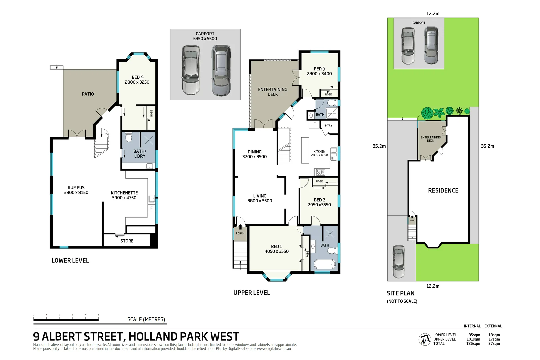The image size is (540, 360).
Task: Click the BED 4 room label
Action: coord(137,79)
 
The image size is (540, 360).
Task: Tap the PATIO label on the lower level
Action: coord(88,94)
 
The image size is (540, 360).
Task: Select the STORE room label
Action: coord(127,241)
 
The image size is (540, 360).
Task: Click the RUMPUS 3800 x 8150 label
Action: coord(76,190)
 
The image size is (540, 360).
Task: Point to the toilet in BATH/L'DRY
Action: coord(129,137)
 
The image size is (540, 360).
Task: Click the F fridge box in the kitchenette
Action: coord(151,208)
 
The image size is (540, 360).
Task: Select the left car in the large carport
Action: coord(191,70)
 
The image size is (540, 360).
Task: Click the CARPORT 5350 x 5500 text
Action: coord(205,36)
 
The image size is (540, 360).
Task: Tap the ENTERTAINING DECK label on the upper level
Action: coord(272,92)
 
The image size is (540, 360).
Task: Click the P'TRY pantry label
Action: coord(328,126)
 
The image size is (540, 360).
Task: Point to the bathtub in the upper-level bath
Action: coord(324,264)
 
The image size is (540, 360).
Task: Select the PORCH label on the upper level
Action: coord(240,233)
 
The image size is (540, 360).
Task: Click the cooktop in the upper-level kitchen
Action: coord(321,172)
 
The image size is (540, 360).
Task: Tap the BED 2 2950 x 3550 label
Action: coord(319,202)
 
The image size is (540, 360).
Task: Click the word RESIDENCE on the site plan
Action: coord(443,190)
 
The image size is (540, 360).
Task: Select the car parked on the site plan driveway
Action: coord(398,262)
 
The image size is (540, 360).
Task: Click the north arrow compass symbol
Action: coord(424,339)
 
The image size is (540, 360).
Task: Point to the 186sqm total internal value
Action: coord(473,344)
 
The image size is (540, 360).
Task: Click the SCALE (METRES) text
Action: coord(146,319)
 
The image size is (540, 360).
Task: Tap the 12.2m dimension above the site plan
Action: coord(433,14)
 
